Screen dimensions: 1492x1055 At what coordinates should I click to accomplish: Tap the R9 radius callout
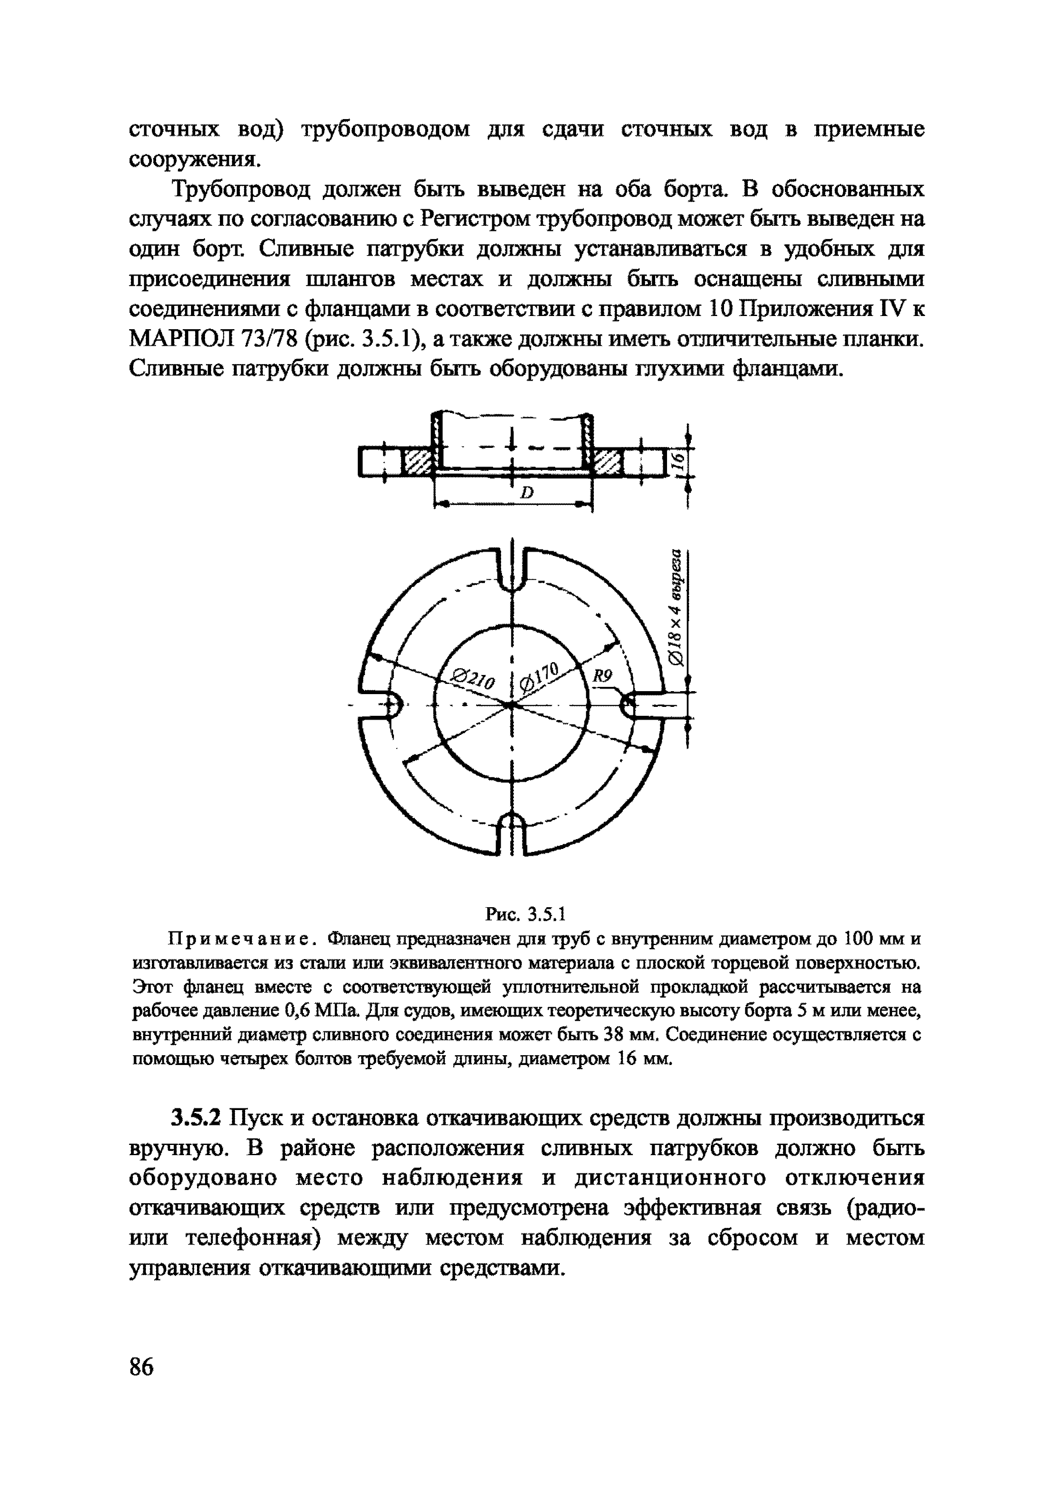pos(602,677)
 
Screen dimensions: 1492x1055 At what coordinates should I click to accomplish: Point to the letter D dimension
pos(526,494)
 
